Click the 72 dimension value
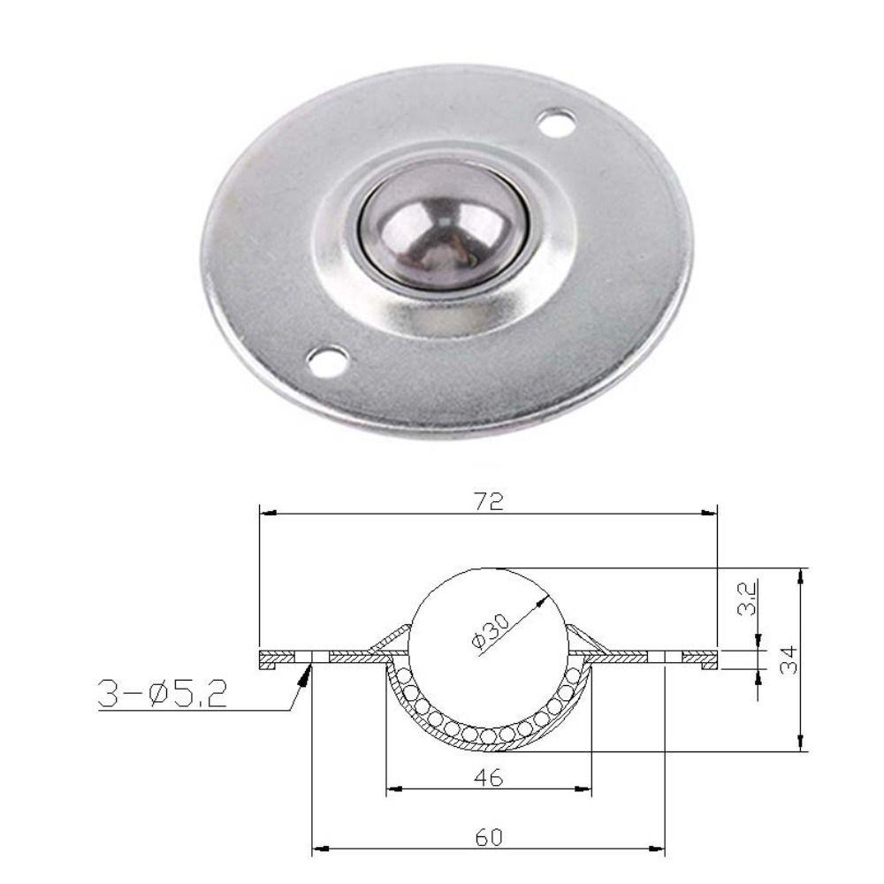pyautogui.click(x=488, y=501)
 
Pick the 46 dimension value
pyautogui.click(x=488, y=778)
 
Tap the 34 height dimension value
pyautogui.click(x=789, y=659)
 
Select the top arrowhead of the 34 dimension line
pyautogui.click(x=801, y=575)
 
